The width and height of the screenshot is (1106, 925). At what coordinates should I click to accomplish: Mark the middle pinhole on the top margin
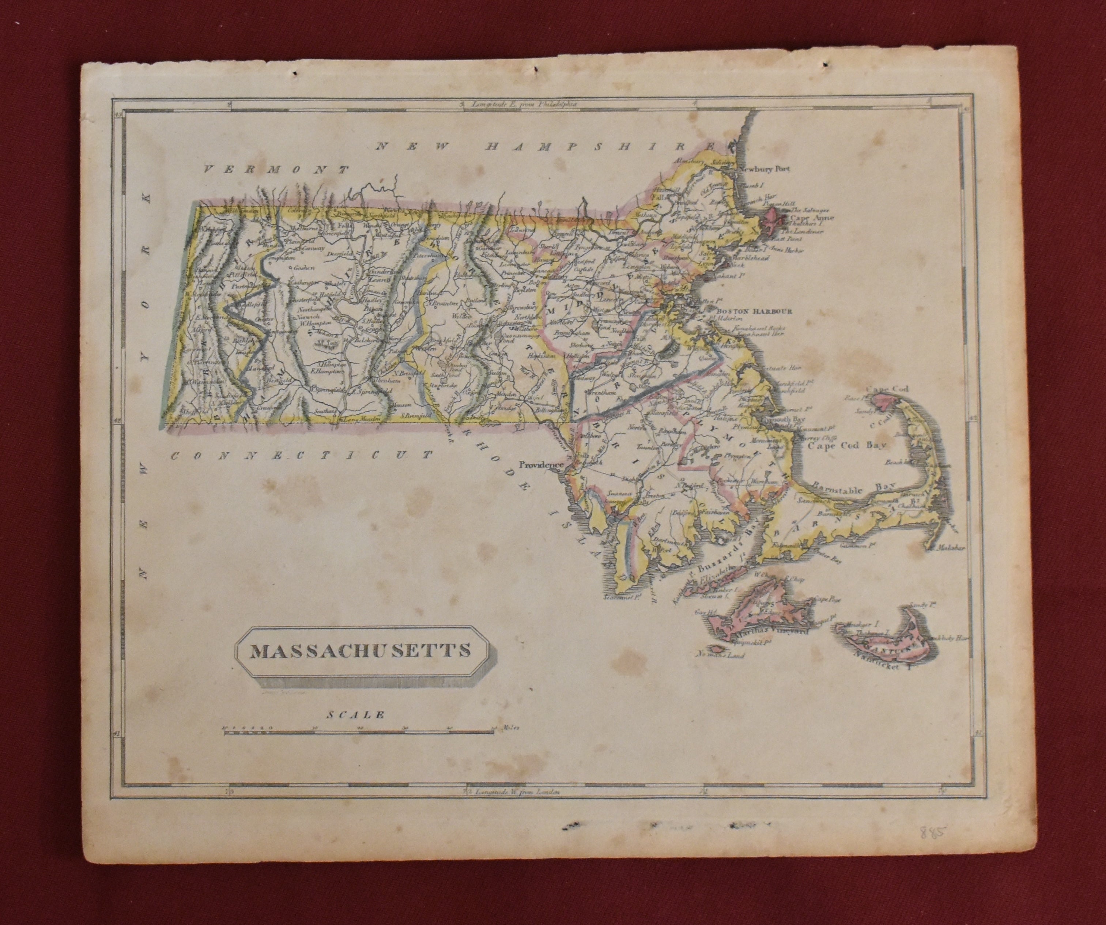pyautogui.click(x=536, y=84)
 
